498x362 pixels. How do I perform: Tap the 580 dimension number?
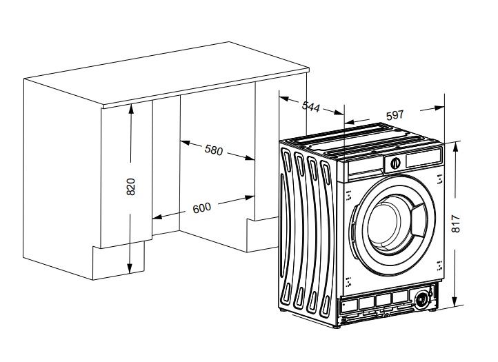pos(214,150)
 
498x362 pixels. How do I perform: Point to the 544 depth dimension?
pos(311,108)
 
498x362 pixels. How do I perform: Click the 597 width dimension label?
pos(395,114)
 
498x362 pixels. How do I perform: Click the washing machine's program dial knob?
pos(395,163)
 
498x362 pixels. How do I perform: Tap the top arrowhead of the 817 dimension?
pos(455,144)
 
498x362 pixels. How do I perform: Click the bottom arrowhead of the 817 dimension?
pos(455,303)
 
